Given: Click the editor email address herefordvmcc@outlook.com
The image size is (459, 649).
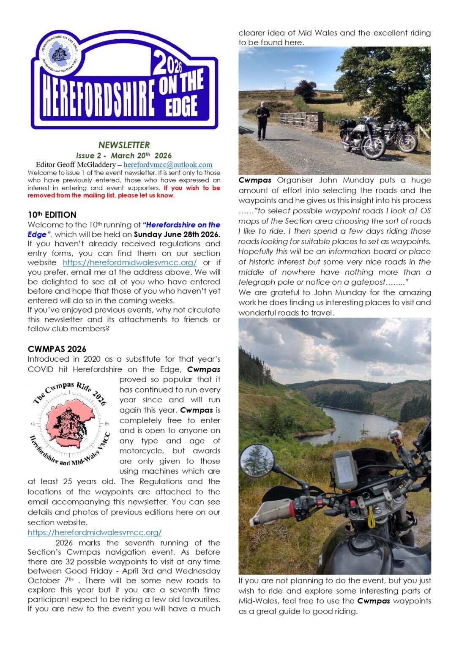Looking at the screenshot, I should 168,165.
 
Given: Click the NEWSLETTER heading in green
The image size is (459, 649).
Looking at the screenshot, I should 124,145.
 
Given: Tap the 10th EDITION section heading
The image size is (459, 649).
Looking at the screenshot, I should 52,215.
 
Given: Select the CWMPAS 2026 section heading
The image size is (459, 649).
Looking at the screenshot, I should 57,349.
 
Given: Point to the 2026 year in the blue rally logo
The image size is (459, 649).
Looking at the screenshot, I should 167,63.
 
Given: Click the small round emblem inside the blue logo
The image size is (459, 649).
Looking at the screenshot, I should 60,54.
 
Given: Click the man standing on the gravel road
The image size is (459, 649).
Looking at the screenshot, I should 262,120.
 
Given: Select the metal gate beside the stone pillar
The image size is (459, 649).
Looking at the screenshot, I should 292,120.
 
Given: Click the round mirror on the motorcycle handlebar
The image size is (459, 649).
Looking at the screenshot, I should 257,460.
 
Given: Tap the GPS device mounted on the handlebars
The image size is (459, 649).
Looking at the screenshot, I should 345,469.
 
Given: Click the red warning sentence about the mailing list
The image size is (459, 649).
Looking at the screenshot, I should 124,191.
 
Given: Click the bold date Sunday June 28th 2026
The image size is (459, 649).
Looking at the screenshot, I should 177,235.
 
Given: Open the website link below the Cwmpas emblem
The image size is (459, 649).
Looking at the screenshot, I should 95,532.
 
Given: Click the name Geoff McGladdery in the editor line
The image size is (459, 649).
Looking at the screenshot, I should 88,165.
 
